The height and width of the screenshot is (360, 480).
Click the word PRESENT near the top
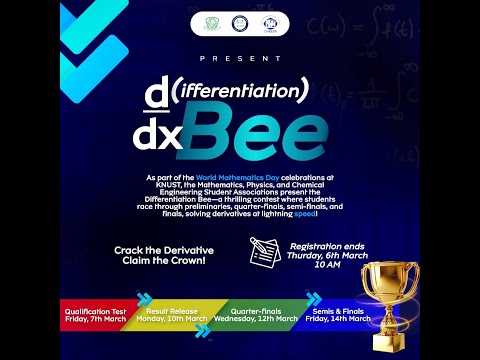pyautogui.click(x=240, y=59)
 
